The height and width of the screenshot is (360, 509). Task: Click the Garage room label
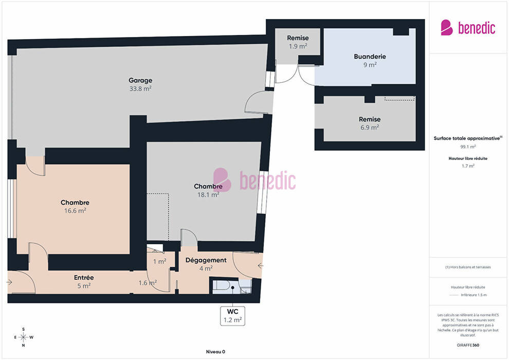tap(140, 80)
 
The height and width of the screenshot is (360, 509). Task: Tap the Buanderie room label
tap(370, 57)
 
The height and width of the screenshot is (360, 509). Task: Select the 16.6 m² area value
tap(75, 211)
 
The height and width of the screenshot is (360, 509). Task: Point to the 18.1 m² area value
tap(208, 195)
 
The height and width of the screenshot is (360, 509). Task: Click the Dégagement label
tap(206, 260)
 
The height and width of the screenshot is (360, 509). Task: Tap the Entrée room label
tap(84, 278)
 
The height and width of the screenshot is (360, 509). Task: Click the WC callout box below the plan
tap(233, 316)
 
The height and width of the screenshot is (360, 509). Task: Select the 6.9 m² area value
tap(370, 128)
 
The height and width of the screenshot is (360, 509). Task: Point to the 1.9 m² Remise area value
tap(298, 46)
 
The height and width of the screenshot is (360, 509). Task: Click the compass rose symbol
tap(23, 337)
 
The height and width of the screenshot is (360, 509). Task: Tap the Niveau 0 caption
tap(215, 352)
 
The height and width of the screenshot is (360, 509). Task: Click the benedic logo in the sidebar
tap(468, 28)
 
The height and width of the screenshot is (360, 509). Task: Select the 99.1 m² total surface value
tap(468, 147)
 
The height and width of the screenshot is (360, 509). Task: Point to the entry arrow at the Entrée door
tap(9, 282)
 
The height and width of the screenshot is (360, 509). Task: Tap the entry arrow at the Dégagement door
tap(260, 266)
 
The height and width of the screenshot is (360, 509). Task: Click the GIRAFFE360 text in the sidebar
tap(468, 345)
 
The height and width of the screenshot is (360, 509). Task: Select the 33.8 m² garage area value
tap(140, 88)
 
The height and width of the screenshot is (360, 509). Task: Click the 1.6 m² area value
tap(148, 283)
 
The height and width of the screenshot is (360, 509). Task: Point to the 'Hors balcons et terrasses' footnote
tap(468, 267)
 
